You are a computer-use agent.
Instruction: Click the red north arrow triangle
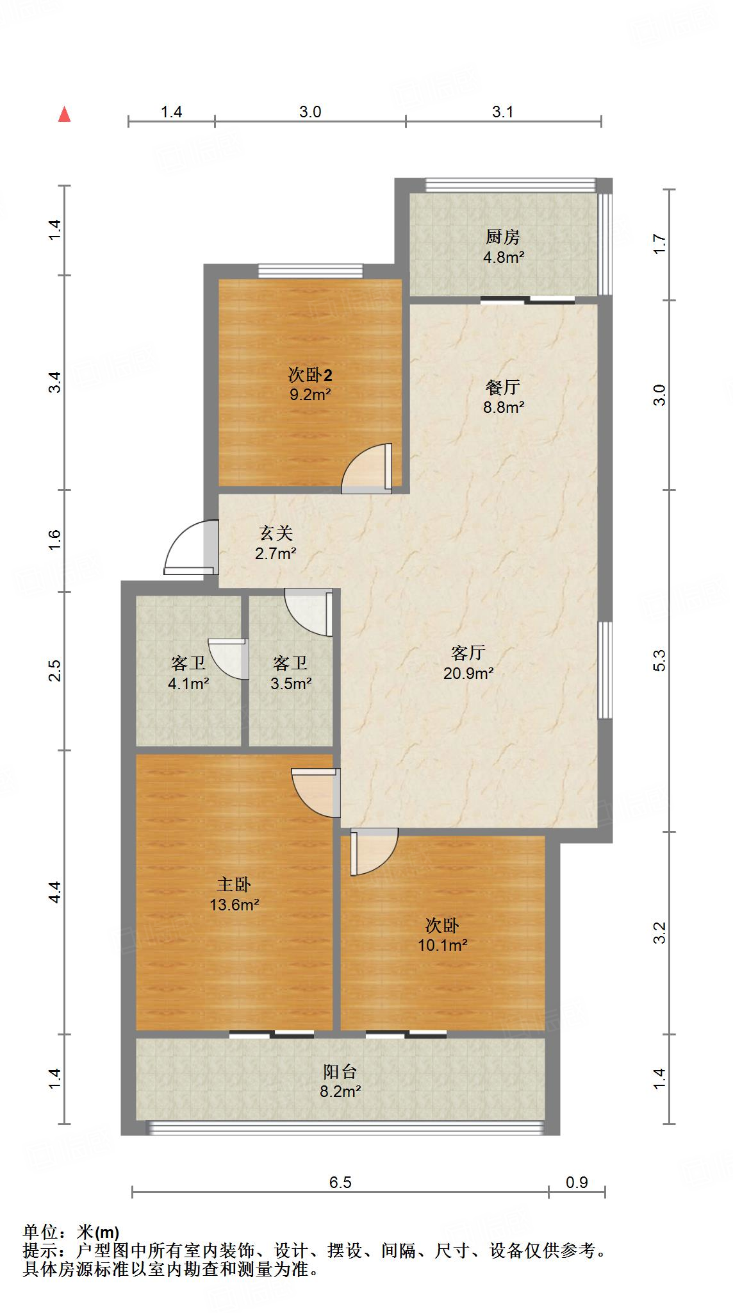coord(64,115)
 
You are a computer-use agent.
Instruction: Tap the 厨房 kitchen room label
coord(502,237)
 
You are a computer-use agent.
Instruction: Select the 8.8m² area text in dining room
coord(504,407)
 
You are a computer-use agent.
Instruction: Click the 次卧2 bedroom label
coord(310,374)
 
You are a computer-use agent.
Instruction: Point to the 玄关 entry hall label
coord(276,533)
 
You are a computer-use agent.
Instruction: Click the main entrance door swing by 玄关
coord(189,549)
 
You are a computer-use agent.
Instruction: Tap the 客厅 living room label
coord(468,653)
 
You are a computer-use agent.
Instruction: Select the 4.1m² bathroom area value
coord(188,683)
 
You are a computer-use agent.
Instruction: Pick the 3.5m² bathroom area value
coord(291,683)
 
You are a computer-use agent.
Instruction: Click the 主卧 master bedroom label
coord(234,885)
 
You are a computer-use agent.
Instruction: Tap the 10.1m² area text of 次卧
coord(443,945)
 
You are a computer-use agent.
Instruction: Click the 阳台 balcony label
coord(340,1072)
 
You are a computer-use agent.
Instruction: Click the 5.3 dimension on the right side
coord(660,660)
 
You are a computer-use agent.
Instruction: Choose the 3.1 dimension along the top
coord(503,112)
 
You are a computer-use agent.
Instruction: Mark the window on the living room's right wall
coord(605,670)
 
